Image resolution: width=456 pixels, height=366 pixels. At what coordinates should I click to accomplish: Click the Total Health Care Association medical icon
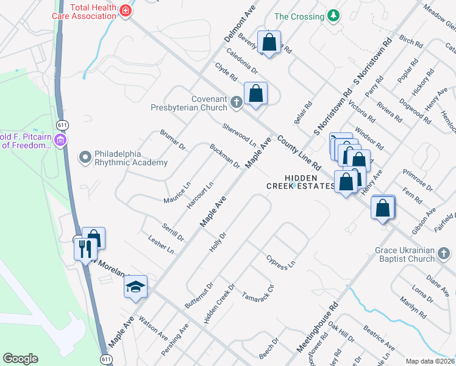(x=126, y=11)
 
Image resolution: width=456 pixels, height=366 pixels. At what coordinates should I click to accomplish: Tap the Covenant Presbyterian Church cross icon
(x=237, y=102)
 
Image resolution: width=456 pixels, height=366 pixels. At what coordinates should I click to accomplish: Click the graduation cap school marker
(x=135, y=286)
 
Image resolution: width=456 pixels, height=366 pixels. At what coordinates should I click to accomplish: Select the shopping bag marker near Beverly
(x=268, y=42)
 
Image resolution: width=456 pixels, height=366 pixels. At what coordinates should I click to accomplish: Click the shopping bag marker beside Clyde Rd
(x=255, y=94)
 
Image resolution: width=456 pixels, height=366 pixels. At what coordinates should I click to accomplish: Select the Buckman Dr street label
(x=224, y=156)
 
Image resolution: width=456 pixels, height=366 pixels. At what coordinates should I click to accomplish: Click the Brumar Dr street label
(x=173, y=140)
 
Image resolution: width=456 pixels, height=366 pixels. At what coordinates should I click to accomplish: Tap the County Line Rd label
(x=298, y=153)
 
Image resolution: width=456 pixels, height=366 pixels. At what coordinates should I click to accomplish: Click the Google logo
(x=20, y=358)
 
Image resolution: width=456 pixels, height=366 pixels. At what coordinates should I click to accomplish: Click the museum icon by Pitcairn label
(x=59, y=142)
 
